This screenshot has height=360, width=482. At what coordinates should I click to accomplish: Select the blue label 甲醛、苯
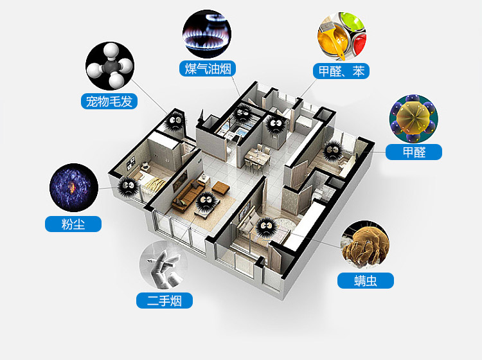coord(341,70)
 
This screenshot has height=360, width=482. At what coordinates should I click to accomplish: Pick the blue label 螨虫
coord(365,280)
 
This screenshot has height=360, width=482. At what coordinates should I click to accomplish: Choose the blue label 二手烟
coord(165,300)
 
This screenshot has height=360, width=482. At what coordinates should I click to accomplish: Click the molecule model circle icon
coord(110,66)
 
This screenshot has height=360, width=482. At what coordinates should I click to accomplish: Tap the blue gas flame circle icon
coord(207,33)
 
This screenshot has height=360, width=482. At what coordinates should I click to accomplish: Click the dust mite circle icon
coord(365,246)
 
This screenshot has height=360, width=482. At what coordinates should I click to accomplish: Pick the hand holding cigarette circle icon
coord(165,265)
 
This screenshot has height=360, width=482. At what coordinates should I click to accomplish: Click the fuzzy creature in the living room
coord(205,201)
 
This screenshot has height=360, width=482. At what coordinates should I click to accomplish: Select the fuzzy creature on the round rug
coord(265,226)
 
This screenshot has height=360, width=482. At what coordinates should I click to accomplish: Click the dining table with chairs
coord(256,157)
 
